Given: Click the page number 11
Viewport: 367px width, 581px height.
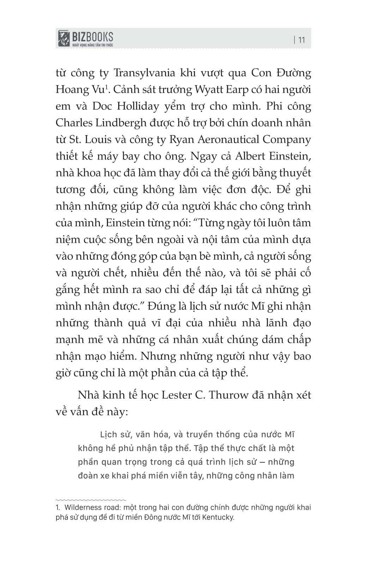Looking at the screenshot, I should coord(301,40).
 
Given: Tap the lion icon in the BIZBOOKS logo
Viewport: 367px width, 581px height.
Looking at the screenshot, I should coord(64,38).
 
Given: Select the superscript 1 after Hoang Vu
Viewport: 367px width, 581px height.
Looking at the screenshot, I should coord(106,86).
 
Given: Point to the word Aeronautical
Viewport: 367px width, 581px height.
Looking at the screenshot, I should coord(229,139).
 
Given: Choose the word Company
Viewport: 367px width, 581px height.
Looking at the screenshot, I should coord(287,140).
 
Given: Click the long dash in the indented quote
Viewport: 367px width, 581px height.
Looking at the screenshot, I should coord(261,462).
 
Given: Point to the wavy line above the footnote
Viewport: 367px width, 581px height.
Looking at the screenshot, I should coord(91,500).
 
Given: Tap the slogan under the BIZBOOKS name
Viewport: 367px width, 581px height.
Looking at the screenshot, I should coord(92,45).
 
